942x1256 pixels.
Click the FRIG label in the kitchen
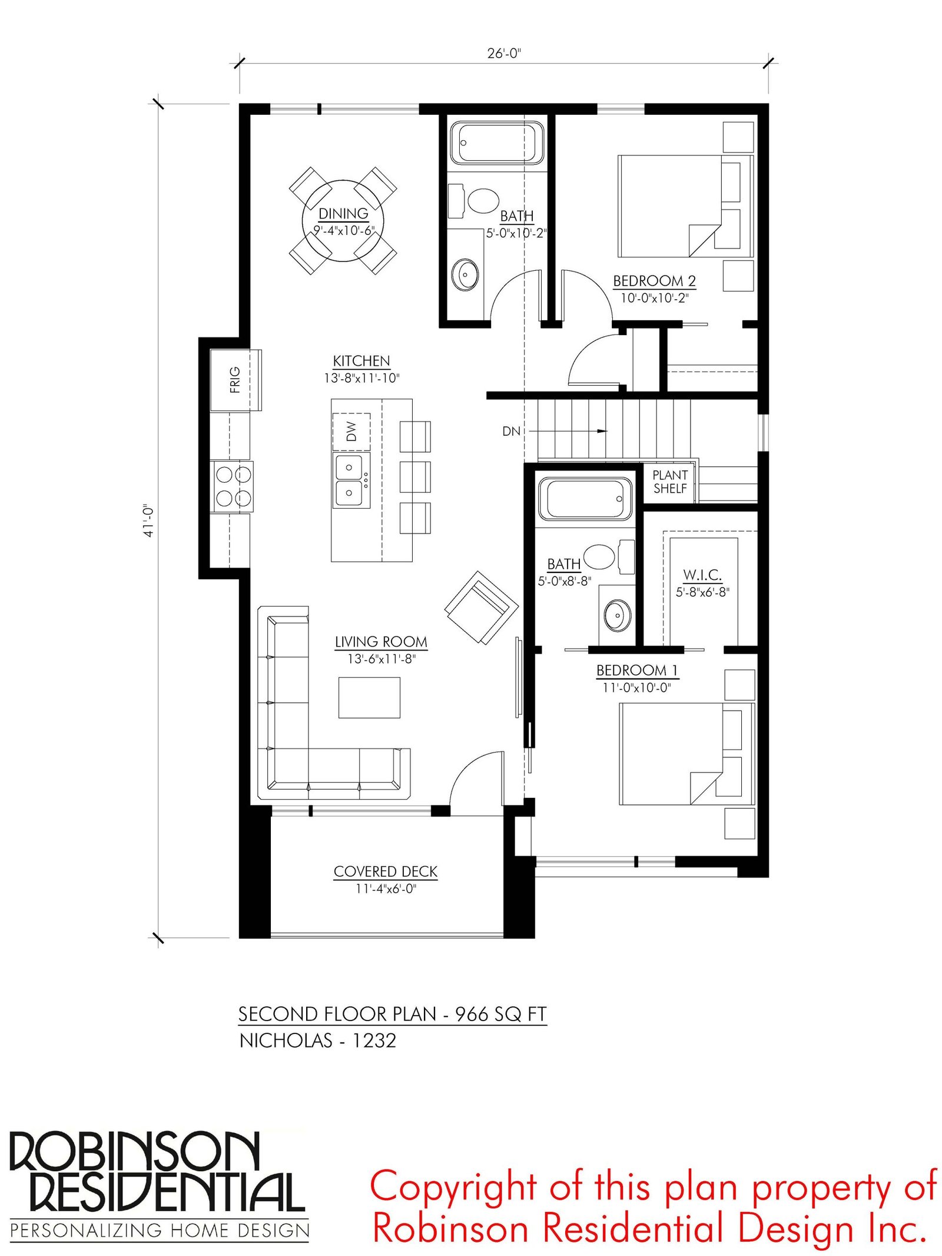coord(235,380)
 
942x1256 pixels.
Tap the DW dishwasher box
coord(351,432)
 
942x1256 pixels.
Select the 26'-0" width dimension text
coord(504,53)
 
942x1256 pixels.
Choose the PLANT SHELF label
coord(670,482)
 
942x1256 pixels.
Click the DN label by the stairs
coord(511,432)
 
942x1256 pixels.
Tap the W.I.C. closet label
coord(702,575)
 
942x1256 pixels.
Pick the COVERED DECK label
coord(386,871)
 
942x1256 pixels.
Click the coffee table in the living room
coord(369,698)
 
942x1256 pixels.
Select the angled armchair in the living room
coord(482,608)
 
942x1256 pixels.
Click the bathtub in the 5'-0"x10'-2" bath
coord(497,143)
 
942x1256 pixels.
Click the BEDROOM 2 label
coord(654,281)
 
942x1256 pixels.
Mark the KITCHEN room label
coord(361,361)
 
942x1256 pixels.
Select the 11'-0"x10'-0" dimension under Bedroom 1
coord(636,687)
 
